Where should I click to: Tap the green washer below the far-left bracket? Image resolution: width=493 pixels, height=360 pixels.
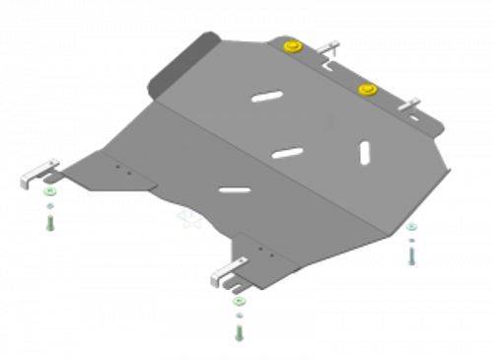(x=50, y=192)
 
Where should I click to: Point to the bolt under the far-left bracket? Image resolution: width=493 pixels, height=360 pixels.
(x=49, y=220)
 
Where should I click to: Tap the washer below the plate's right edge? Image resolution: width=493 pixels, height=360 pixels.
(x=411, y=227)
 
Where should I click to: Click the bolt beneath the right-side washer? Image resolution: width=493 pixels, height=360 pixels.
(x=411, y=252)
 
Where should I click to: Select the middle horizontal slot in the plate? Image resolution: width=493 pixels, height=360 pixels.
(x=287, y=151)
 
